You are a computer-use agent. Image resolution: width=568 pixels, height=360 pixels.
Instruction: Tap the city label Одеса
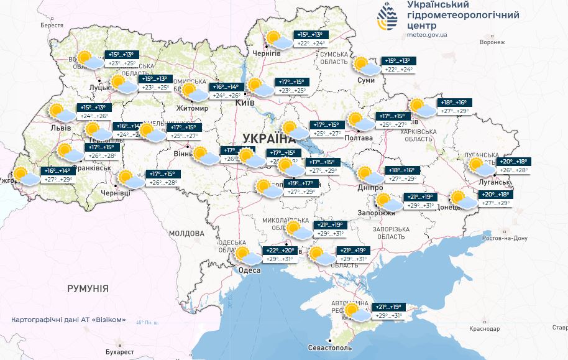point(249,270)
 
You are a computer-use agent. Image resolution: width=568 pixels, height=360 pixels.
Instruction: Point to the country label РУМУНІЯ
point(88,288)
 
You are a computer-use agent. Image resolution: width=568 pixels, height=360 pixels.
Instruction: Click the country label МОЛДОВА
point(186,234)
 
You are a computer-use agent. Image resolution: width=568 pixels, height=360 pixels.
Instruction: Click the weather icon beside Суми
point(364,64)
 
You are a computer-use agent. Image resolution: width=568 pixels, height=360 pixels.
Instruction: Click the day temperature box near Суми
point(398,69)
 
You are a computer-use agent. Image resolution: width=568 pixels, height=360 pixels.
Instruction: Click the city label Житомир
point(193,108)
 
